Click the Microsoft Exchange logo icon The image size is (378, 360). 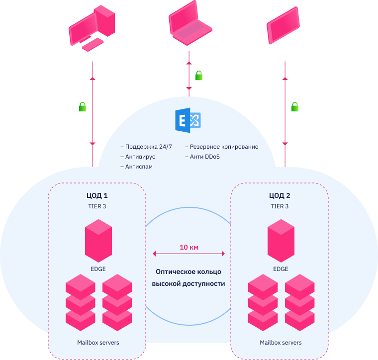pyautogui.click(x=189, y=120)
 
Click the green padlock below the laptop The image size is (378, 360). pyautogui.click(x=199, y=76)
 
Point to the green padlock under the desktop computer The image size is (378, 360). pyautogui.click(x=83, y=106)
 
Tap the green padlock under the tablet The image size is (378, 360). pyautogui.click(x=295, y=106)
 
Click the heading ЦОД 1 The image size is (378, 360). pyautogui.click(x=97, y=195)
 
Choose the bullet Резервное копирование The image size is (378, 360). pyautogui.click(x=224, y=147)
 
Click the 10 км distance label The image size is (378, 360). pyautogui.click(x=189, y=247)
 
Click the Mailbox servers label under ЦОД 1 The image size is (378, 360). pyautogui.click(x=98, y=343)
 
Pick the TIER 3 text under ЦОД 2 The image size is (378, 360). pyautogui.click(x=280, y=206)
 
